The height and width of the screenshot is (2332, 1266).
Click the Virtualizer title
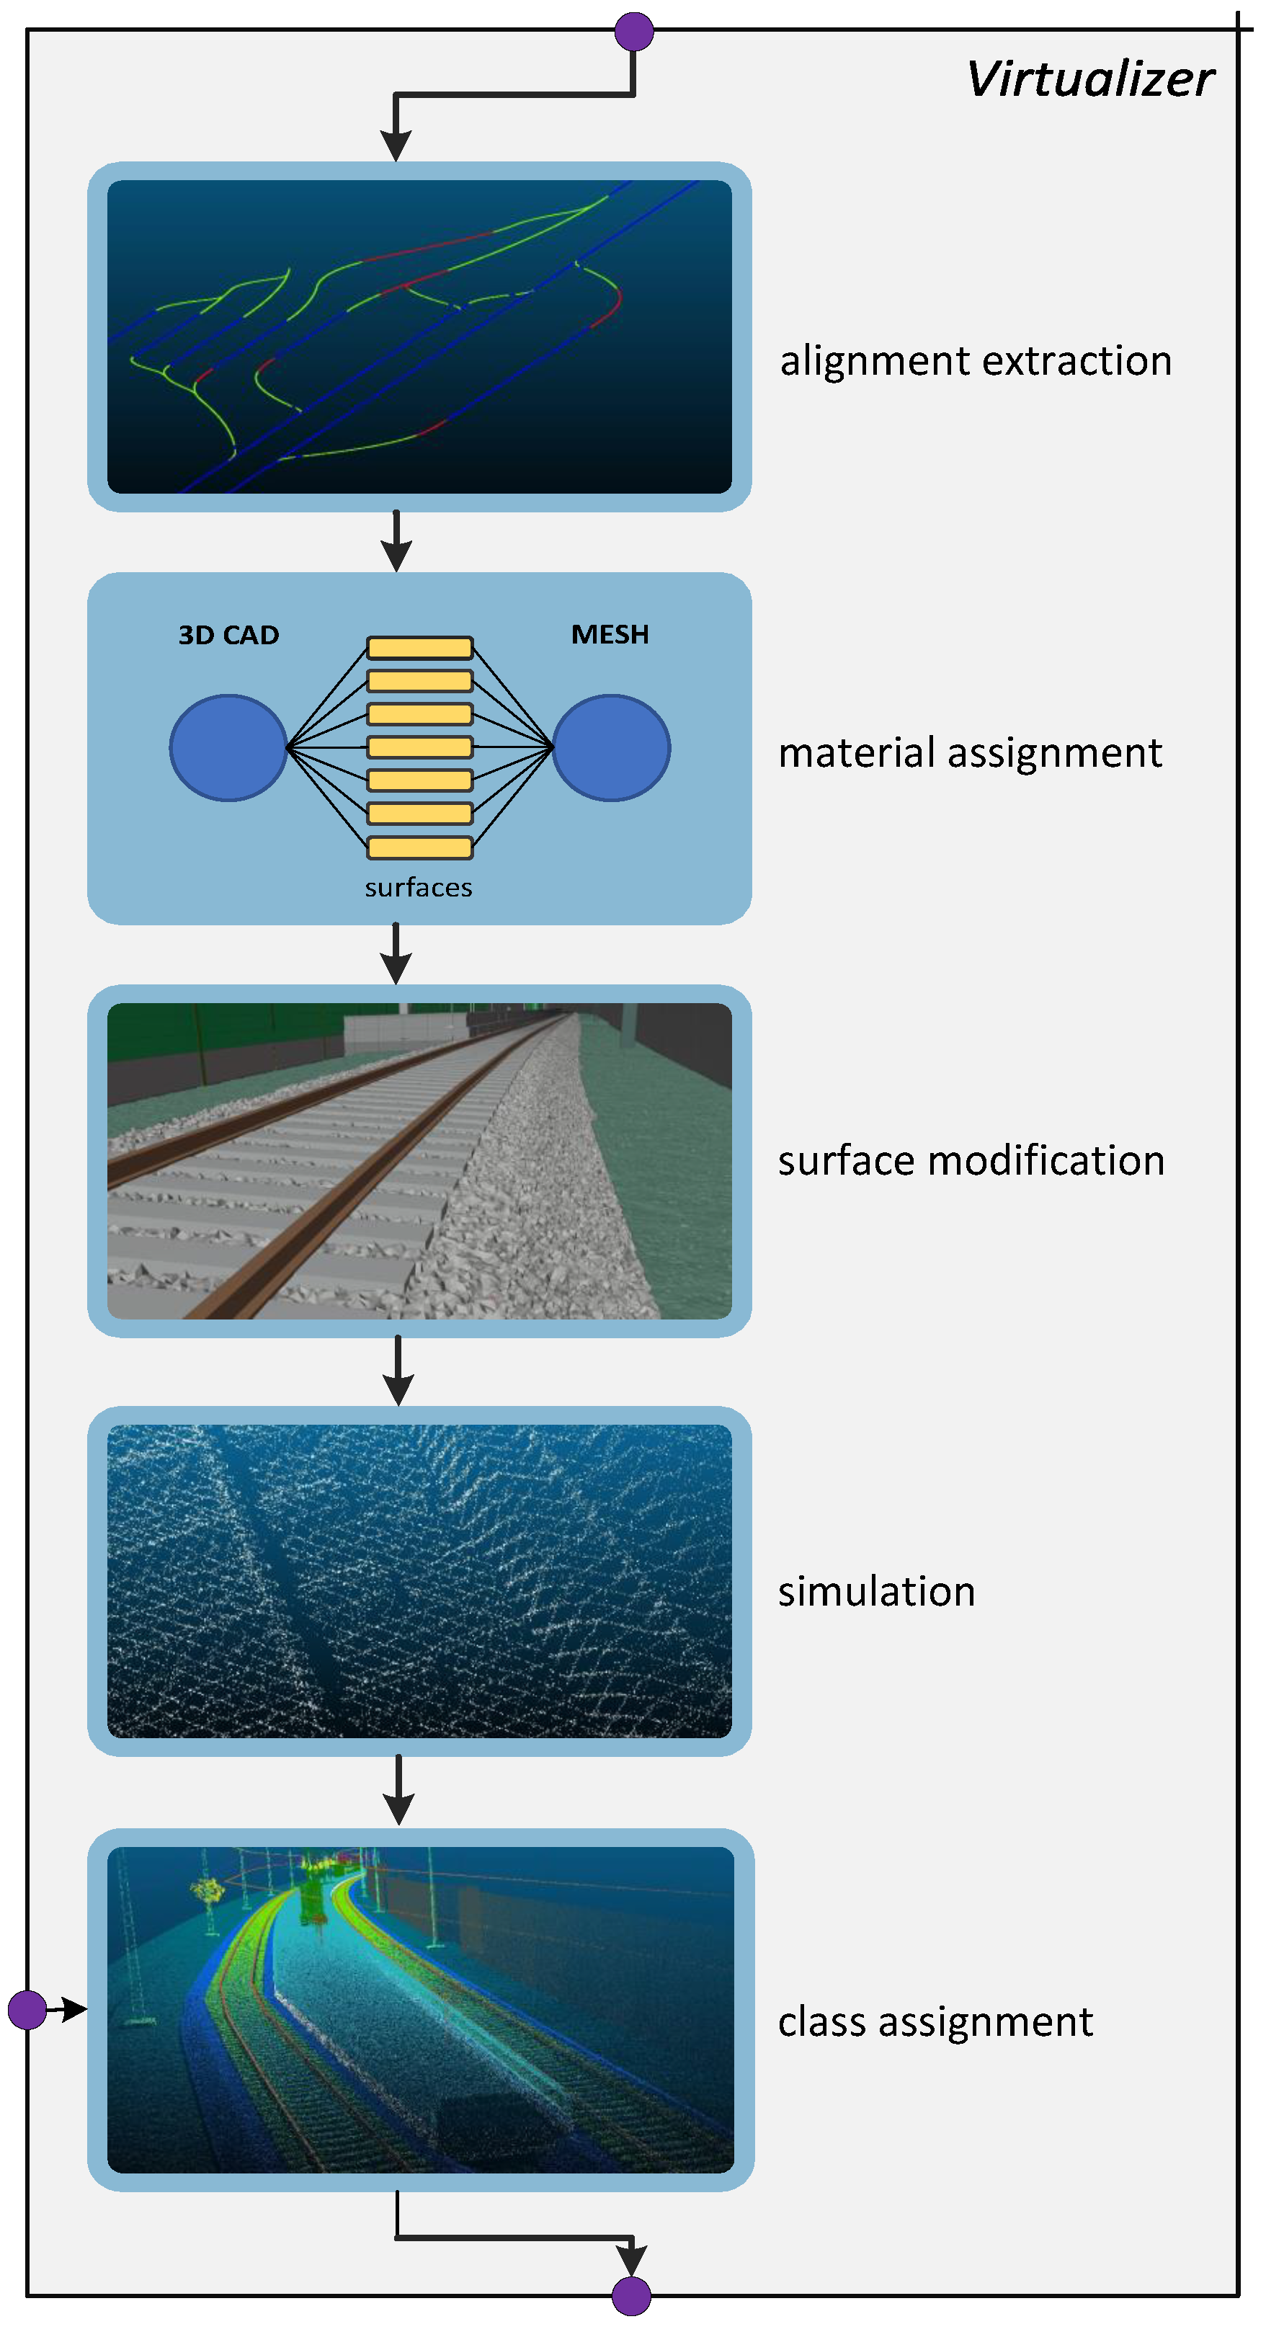(x=1089, y=80)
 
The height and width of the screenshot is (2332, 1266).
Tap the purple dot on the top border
(x=633, y=32)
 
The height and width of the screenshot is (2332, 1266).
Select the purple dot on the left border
(x=27, y=2010)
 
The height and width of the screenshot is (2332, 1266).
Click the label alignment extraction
(x=976, y=361)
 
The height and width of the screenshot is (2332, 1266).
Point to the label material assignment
(x=969, y=753)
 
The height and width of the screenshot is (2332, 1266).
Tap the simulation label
(x=876, y=1591)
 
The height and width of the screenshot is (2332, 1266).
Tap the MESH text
(x=610, y=635)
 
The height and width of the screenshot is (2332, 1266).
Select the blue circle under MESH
(x=611, y=748)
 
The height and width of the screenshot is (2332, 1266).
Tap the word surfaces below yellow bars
(x=418, y=888)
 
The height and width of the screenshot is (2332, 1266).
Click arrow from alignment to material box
(x=396, y=541)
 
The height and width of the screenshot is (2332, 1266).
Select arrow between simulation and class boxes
(x=398, y=1791)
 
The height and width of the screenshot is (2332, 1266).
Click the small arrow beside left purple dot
(x=68, y=2010)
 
